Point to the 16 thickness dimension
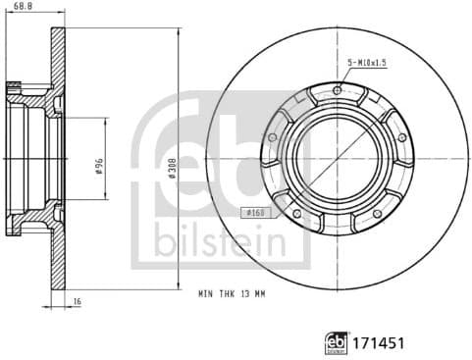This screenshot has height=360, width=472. [x=77, y=303]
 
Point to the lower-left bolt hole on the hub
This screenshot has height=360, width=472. [x=297, y=209]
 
